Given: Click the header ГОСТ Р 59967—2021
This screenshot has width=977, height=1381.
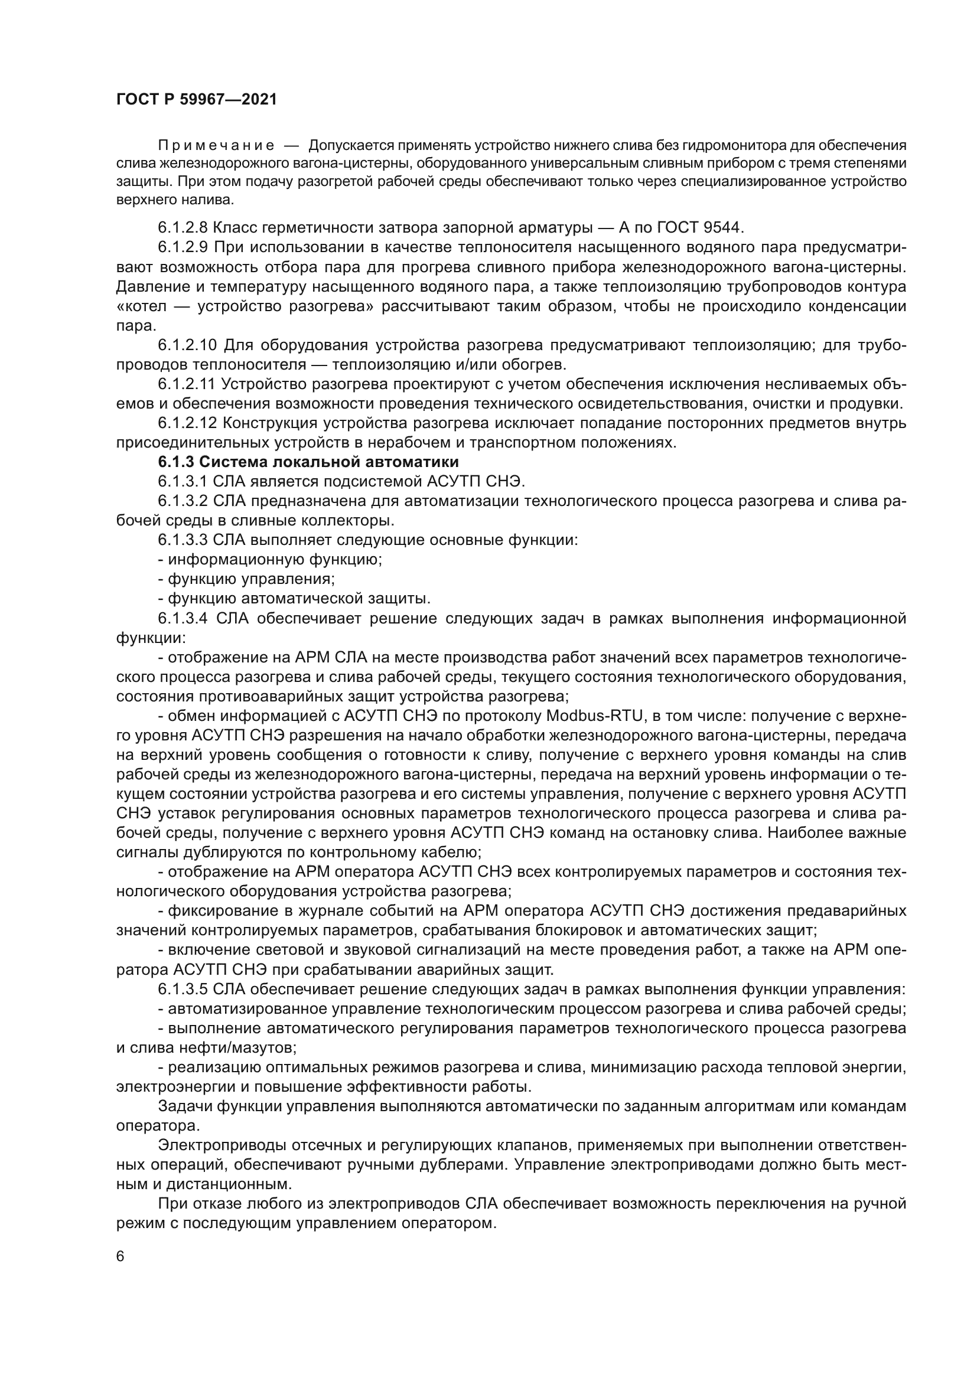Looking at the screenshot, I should point(197,100).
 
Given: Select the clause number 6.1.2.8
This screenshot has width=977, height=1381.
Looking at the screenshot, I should point(183,228).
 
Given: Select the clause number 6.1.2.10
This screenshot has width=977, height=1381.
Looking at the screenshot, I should point(187,345).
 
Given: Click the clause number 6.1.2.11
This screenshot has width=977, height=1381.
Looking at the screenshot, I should point(187,384).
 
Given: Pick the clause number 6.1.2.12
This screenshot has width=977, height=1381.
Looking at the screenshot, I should point(187,423).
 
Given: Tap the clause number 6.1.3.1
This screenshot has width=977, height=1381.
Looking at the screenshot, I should point(183,482).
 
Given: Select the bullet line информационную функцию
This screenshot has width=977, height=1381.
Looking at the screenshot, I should point(271,559).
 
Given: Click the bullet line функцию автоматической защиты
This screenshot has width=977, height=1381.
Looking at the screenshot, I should point(294,599).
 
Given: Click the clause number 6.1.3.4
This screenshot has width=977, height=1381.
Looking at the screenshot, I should point(183,618).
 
